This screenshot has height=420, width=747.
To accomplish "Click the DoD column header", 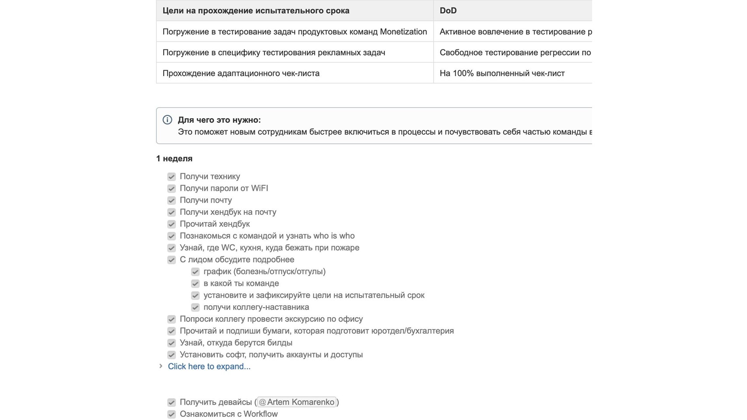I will [x=448, y=10].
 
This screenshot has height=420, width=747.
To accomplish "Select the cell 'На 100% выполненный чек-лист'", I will [x=502, y=73].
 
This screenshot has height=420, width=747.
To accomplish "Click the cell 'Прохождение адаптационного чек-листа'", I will [x=241, y=73].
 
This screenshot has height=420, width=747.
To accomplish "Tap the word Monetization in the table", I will [x=403, y=31].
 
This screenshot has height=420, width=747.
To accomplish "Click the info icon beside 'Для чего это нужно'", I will [x=167, y=120].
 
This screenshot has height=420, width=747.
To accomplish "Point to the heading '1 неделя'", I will [x=174, y=158].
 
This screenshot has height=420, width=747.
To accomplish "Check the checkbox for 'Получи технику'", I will [x=172, y=177].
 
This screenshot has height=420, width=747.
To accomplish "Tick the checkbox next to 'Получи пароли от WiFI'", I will [x=172, y=189].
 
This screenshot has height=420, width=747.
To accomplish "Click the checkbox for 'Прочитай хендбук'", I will [x=172, y=224].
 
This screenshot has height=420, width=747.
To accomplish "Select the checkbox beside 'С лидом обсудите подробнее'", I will [x=172, y=260].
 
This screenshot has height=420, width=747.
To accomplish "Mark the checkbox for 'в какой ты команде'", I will [x=195, y=283].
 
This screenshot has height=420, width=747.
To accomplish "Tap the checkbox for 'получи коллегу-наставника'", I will [x=195, y=308].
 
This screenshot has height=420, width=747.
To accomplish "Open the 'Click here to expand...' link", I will [x=209, y=367].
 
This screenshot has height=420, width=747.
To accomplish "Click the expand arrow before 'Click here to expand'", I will [x=161, y=366].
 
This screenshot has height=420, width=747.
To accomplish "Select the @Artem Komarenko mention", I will [x=297, y=402].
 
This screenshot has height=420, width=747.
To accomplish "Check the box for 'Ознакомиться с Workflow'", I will [x=172, y=414].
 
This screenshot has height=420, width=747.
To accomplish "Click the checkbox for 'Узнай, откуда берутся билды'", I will [x=172, y=343].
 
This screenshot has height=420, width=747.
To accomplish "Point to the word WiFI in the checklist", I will [x=260, y=188].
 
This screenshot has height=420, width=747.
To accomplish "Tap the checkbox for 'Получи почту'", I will [x=172, y=200].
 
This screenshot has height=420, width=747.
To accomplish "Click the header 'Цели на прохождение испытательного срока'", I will [x=256, y=10].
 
